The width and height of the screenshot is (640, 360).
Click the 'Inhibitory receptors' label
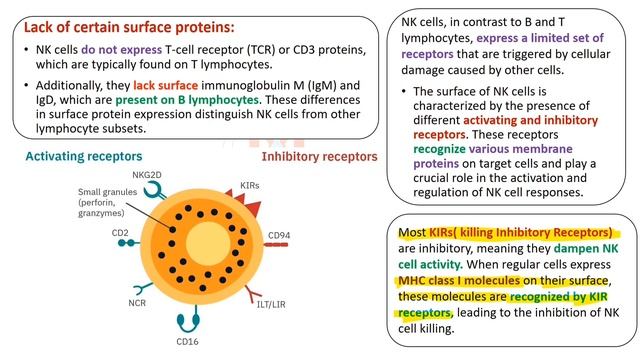coord(319,156)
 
